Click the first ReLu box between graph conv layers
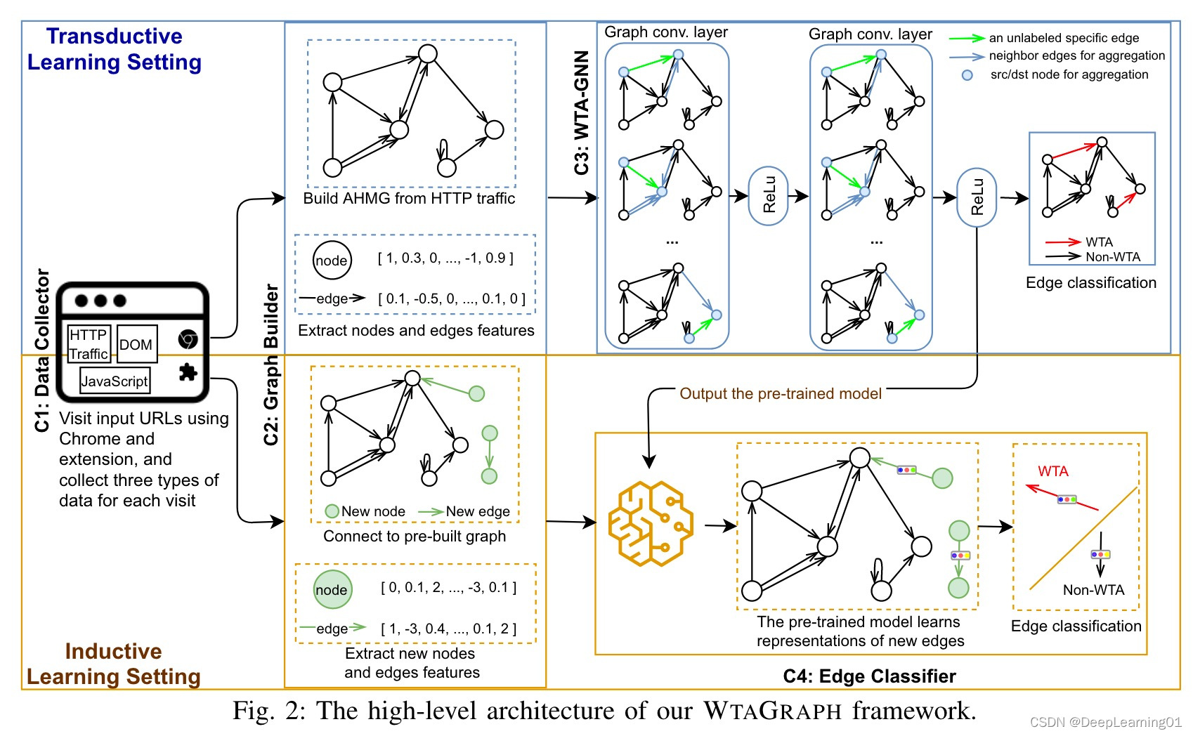pyautogui.click(x=769, y=196)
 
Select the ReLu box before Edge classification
pyautogui.click(x=977, y=197)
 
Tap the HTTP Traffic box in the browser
pyautogui.click(x=89, y=343)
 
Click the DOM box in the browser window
pyautogui.click(x=136, y=344)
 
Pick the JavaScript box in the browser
pyautogui.click(x=115, y=381)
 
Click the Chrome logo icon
pyautogui.click(x=188, y=340)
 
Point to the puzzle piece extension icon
pyautogui.click(x=188, y=372)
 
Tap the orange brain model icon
pyautogui.click(x=650, y=523)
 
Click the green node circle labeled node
pyautogui.click(x=332, y=590)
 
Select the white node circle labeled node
pyautogui.click(x=332, y=261)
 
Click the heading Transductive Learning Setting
pyautogui.click(x=115, y=49)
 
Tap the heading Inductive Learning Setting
pyautogui.click(x=114, y=664)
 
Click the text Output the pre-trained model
pyautogui.click(x=780, y=394)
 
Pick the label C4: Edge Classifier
pyautogui.click(x=869, y=676)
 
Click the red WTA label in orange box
pyautogui.click(x=1052, y=471)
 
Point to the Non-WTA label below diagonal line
pyautogui.click(x=1093, y=590)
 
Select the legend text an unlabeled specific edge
pyautogui.click(x=1064, y=38)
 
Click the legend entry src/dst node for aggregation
pyautogui.click(x=1069, y=74)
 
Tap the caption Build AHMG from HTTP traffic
pyautogui.click(x=409, y=199)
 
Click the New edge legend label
pyautogui.click(x=478, y=511)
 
